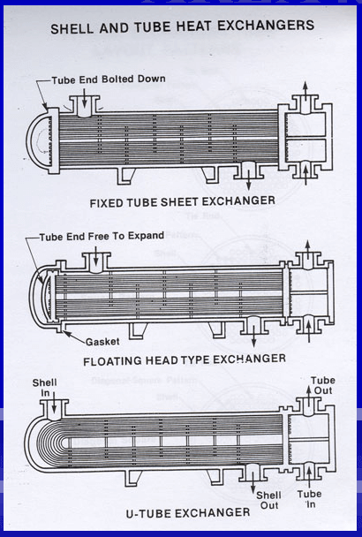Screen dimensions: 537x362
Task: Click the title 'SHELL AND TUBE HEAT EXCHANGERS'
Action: tap(182, 26)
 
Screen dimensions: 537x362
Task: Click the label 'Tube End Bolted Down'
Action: tap(108, 79)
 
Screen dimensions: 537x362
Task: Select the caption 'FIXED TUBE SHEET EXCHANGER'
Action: tap(182, 201)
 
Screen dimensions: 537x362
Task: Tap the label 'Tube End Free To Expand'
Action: tap(92, 238)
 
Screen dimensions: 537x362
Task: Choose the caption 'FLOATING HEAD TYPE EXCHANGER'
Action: tap(184, 359)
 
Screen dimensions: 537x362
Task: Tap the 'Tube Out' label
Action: tap(322, 387)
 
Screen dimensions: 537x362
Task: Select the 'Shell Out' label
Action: tap(269, 502)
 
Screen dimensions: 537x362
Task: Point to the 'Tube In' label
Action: tap(309, 500)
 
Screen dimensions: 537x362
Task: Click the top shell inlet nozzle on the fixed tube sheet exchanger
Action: tap(85, 105)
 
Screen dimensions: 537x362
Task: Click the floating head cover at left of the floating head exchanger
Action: tap(37, 294)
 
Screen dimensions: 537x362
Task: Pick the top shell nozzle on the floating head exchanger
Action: tap(94, 260)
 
